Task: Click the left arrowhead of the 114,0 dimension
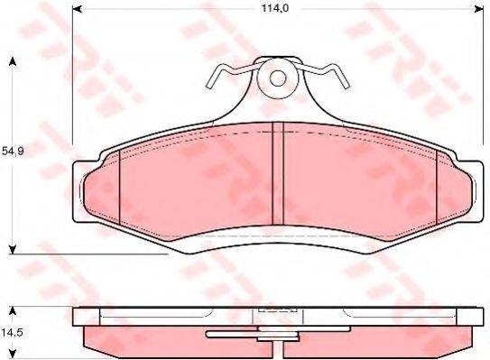(x=76, y=10)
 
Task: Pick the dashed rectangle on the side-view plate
(x=277, y=313)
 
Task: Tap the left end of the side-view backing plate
(x=76, y=317)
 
